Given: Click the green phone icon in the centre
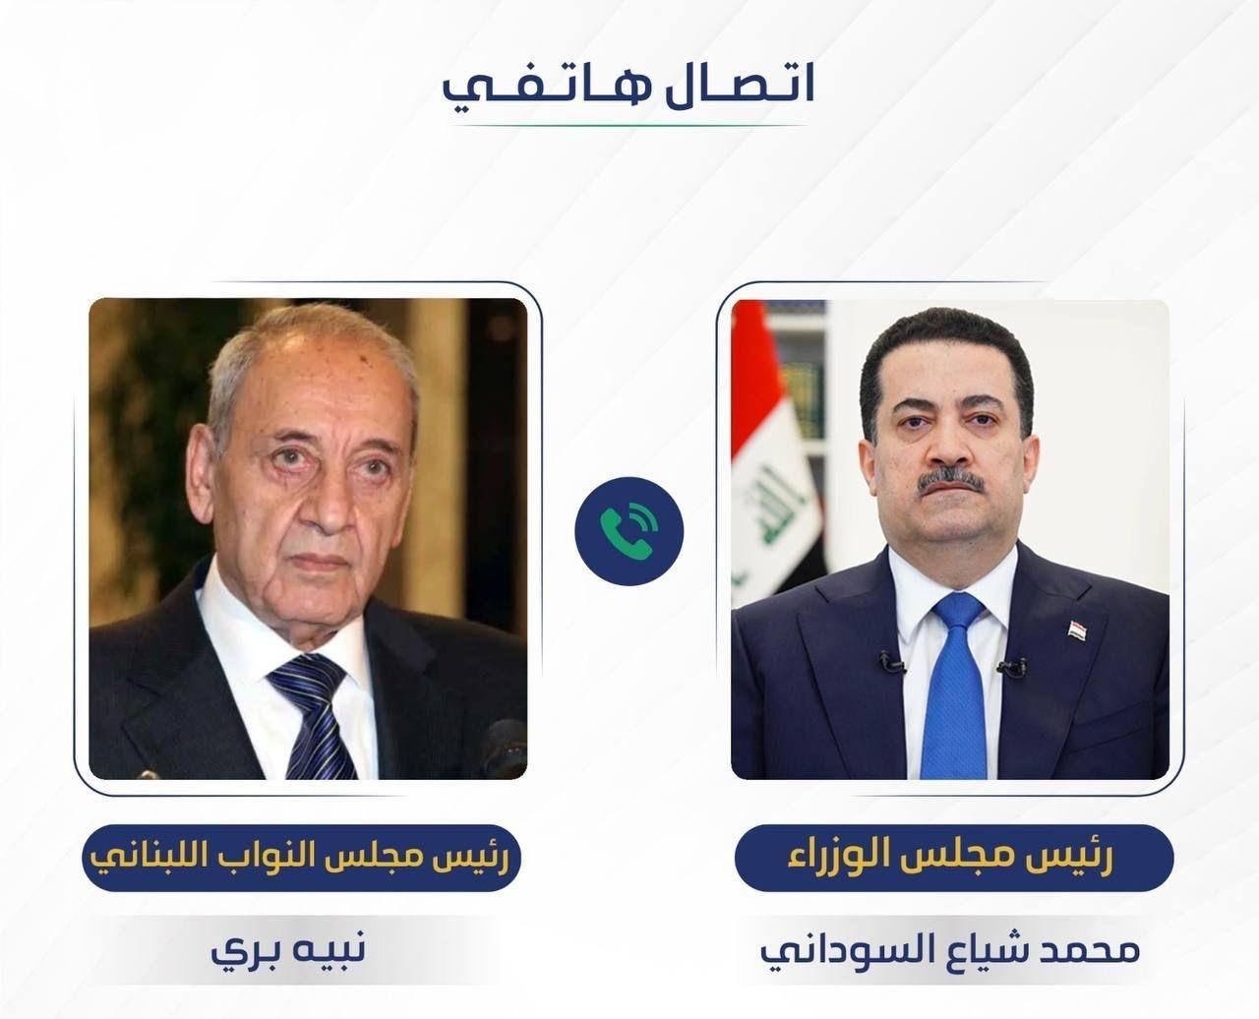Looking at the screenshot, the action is click(629, 531).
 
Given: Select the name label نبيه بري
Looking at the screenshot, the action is click(288, 950).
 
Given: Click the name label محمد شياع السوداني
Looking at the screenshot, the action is click(950, 951).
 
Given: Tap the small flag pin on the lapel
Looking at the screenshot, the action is click(1079, 629).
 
